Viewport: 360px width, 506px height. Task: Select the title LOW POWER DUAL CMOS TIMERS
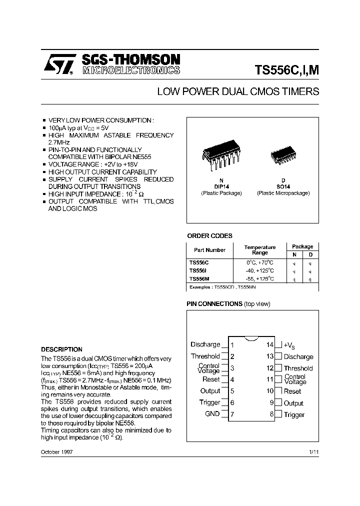click(238, 92)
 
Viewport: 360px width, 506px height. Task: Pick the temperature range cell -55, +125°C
click(259, 278)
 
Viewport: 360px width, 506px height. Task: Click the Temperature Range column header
click(259, 250)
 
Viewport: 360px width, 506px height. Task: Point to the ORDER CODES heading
click(209, 236)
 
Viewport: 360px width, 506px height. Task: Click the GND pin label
click(212, 413)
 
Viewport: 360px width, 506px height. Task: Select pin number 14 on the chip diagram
click(270, 345)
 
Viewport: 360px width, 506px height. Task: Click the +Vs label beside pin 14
click(289, 345)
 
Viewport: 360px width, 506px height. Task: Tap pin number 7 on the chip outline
click(232, 414)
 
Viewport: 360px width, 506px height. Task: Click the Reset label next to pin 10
click(292, 391)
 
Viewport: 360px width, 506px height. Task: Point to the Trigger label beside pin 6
click(210, 402)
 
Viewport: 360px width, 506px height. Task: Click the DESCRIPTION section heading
click(61, 349)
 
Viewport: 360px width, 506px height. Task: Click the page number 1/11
click(313, 452)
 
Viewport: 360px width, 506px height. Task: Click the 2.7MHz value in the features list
click(59, 142)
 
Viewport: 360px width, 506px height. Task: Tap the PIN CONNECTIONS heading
click(214, 304)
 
